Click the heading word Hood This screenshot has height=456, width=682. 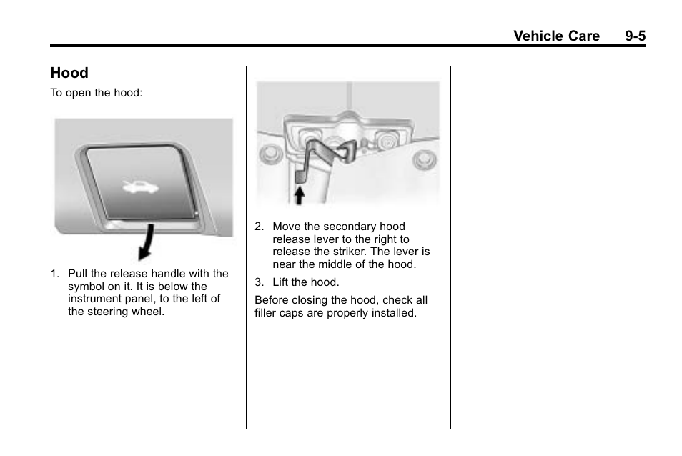tap(69, 73)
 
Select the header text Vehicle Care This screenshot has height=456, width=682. tap(556, 36)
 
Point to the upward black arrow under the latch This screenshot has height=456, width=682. tap(300, 194)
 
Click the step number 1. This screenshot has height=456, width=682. tap(54, 274)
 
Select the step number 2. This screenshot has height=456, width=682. tap(259, 227)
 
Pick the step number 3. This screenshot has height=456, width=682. tap(259, 282)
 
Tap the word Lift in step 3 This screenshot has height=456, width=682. tap(282, 282)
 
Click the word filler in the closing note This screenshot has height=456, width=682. tap(267, 313)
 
